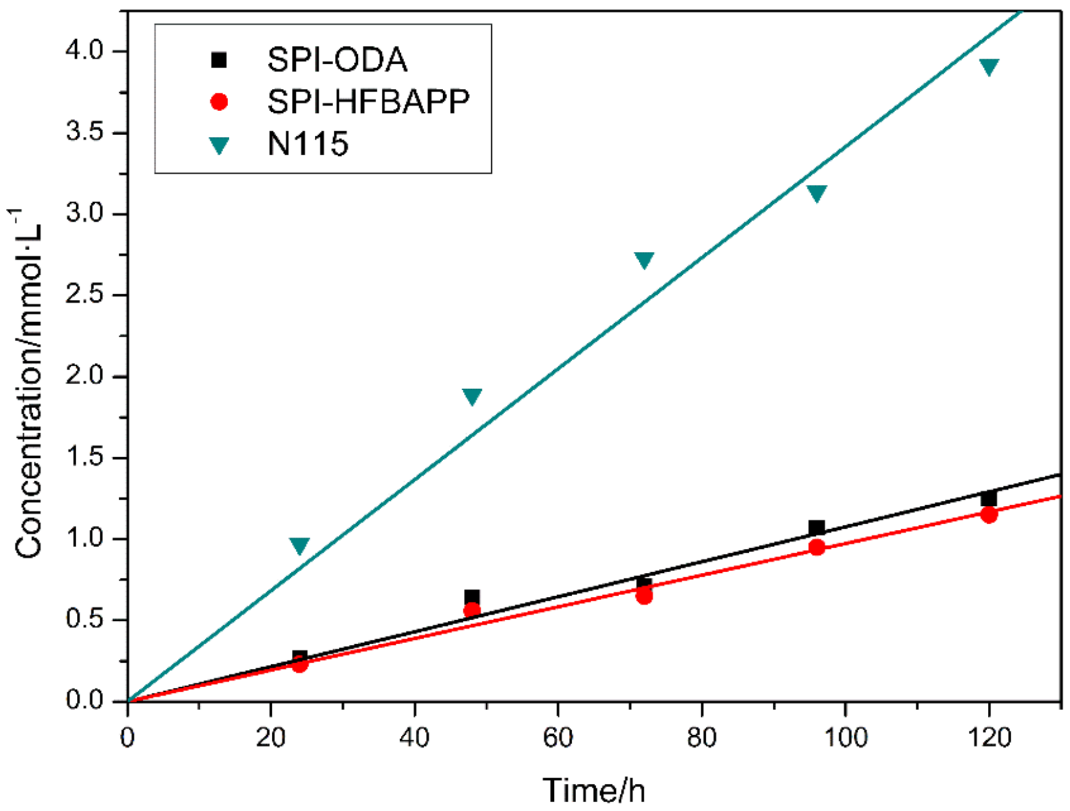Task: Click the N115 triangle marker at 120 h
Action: [x=989, y=66]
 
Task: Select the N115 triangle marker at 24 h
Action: [x=299, y=545]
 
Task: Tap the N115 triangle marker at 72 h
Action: [x=644, y=260]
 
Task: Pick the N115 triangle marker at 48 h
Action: [x=472, y=396]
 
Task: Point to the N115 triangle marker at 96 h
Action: [x=816, y=193]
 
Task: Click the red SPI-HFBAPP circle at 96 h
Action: [x=816, y=547]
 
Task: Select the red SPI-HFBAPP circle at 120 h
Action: [x=989, y=515]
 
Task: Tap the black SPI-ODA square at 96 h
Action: [x=816, y=527]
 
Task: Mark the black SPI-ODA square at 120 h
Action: [x=989, y=498]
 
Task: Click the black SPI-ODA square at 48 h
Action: [x=472, y=596]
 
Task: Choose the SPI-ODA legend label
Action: [x=337, y=60]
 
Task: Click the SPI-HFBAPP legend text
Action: [x=368, y=101]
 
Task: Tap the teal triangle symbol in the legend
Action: [x=219, y=145]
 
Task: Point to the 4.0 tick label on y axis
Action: [x=84, y=51]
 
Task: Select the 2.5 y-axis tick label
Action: [x=84, y=294]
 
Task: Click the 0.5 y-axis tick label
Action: [x=84, y=619]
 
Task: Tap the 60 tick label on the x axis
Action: [x=558, y=738]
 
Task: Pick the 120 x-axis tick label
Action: [x=989, y=738]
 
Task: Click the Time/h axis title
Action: [x=594, y=790]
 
